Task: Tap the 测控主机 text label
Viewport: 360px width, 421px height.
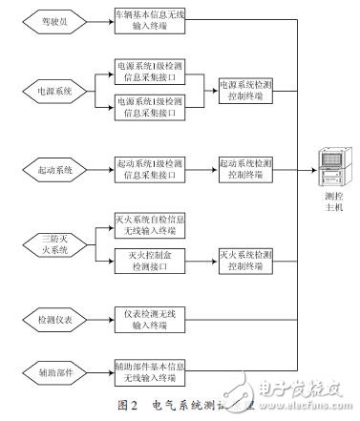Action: click(x=330, y=204)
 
